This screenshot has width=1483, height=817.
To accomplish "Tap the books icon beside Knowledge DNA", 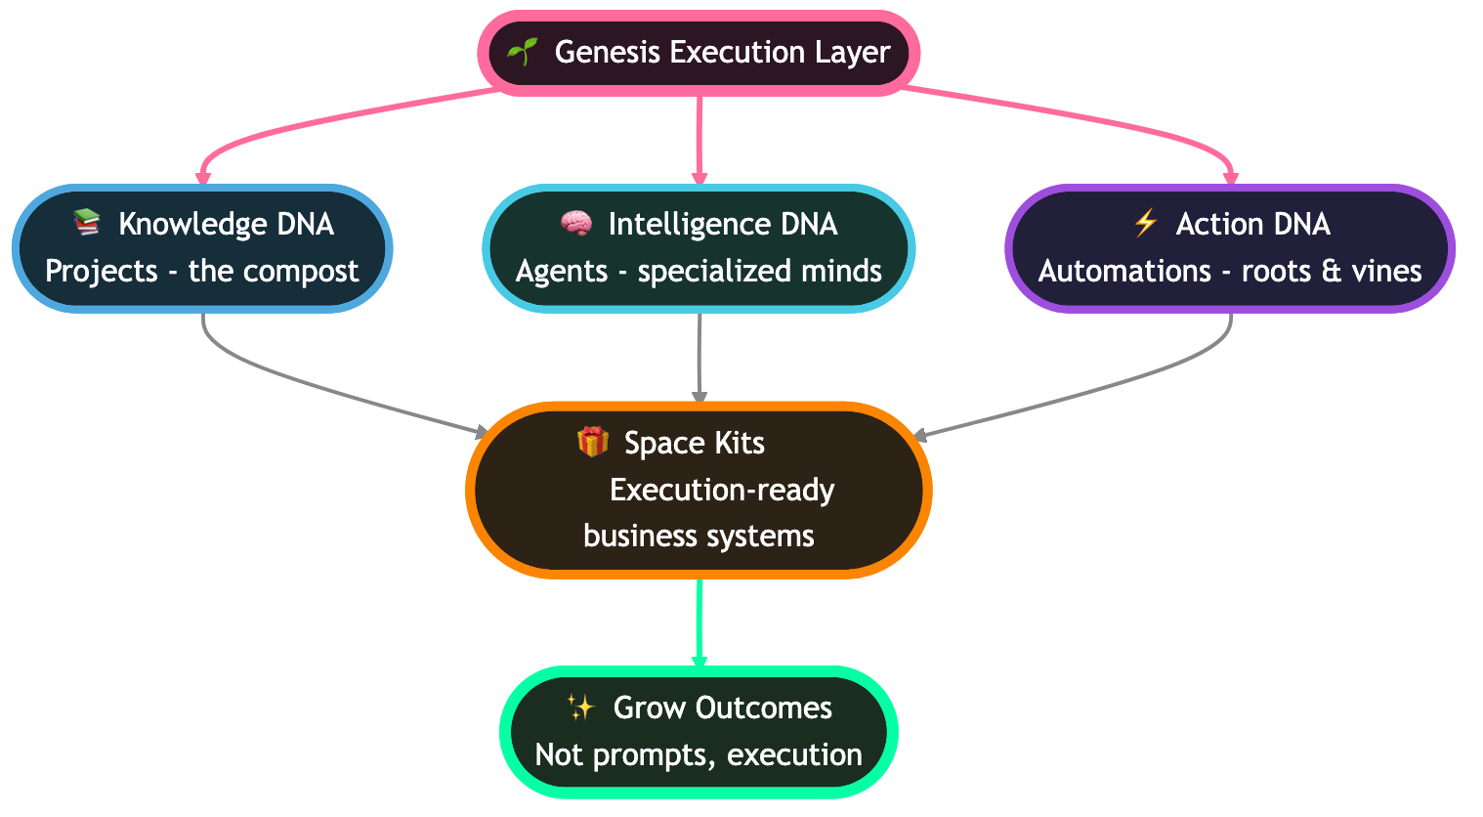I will click(x=87, y=223).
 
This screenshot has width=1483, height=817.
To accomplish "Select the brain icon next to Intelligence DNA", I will click(x=576, y=224).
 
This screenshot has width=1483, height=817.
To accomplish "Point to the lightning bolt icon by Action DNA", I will click(x=1145, y=223).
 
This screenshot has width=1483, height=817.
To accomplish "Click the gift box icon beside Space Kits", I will click(x=593, y=442).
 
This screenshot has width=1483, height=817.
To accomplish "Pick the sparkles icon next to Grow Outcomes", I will click(x=580, y=708).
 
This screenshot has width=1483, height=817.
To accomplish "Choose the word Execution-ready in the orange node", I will click(x=722, y=490).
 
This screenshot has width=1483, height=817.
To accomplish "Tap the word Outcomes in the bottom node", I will click(x=763, y=708).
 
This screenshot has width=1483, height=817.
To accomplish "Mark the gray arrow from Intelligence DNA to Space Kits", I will click(x=699, y=357).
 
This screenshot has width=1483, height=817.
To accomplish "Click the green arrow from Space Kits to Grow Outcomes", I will click(x=699, y=622).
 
